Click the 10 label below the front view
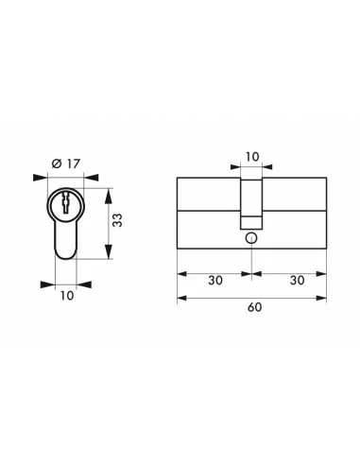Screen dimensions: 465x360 coord(66,295)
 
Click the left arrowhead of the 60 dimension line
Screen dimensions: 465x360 coord(182,298)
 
